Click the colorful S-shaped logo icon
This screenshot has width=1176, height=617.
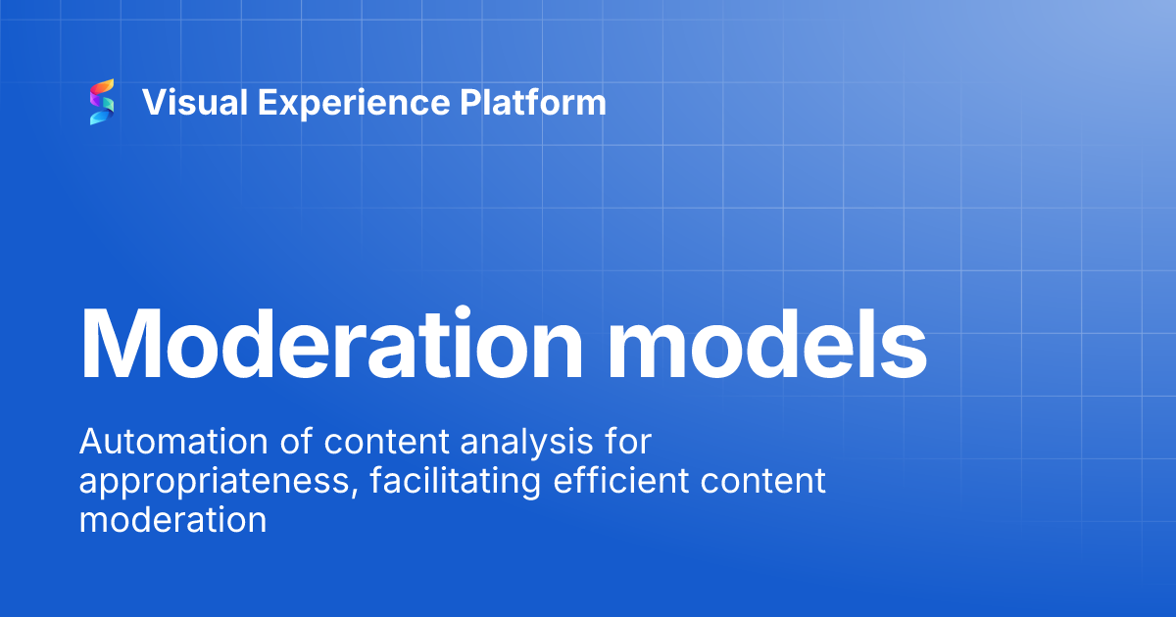102,102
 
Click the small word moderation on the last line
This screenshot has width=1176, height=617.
172,519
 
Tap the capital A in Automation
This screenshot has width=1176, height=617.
90,443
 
